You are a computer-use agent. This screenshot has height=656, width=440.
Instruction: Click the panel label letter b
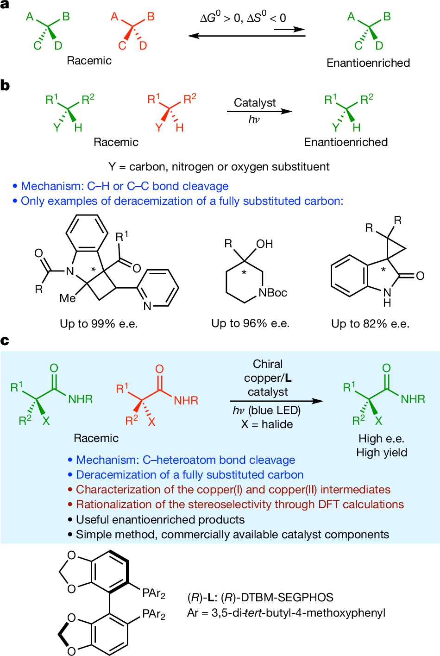[5, 86]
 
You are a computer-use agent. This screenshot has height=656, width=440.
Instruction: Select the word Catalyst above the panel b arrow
[255, 103]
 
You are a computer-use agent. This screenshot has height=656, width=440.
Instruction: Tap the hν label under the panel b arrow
[254, 120]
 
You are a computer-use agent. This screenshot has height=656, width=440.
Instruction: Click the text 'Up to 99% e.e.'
[99, 324]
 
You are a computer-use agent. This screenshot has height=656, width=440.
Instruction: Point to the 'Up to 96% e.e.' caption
[250, 323]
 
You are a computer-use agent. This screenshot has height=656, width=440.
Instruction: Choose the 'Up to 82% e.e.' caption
[371, 324]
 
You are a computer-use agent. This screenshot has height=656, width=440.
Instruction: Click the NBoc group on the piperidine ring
[272, 293]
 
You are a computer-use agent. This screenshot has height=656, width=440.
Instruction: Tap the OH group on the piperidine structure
[264, 244]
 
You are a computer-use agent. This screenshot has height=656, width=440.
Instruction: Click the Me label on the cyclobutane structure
[68, 298]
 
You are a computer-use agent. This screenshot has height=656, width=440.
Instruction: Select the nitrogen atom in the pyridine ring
[147, 306]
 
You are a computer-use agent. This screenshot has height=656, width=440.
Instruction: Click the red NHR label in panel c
[186, 400]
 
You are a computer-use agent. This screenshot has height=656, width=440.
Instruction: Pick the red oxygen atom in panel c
[159, 369]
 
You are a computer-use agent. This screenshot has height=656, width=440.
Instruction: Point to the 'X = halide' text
[267, 424]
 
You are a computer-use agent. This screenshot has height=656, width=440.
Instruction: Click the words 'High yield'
[382, 453]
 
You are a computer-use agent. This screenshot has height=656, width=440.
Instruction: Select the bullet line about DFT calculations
[236, 505]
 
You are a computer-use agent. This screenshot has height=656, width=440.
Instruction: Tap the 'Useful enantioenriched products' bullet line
[156, 519]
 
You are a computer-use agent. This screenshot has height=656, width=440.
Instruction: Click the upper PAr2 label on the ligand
[154, 593]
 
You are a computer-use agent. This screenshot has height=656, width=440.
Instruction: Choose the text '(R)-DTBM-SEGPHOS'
[277, 597]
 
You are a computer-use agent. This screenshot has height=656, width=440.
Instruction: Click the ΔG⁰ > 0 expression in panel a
[220, 18]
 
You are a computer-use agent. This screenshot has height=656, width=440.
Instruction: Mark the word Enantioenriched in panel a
[368, 63]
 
